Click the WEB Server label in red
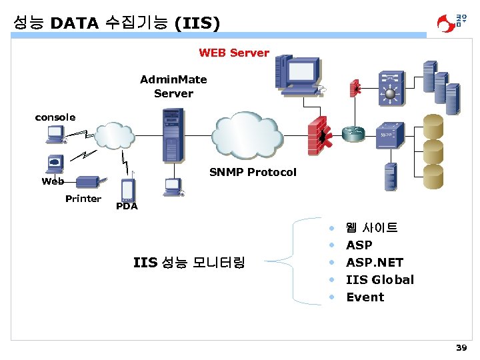coord(234,53)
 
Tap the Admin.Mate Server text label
coord(173,87)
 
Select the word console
coord(55,117)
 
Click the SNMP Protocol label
coord(253,172)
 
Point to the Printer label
coord(83,199)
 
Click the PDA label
coord(127,206)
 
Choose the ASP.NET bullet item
coord(375,263)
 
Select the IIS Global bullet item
coord(380,280)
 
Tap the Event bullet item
coord(365,297)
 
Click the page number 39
coord(461,348)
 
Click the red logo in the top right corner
coord(451,23)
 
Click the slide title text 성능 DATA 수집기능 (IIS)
coord(116,23)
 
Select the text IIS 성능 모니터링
coord(189,263)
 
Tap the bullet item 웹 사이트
coord(372,228)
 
